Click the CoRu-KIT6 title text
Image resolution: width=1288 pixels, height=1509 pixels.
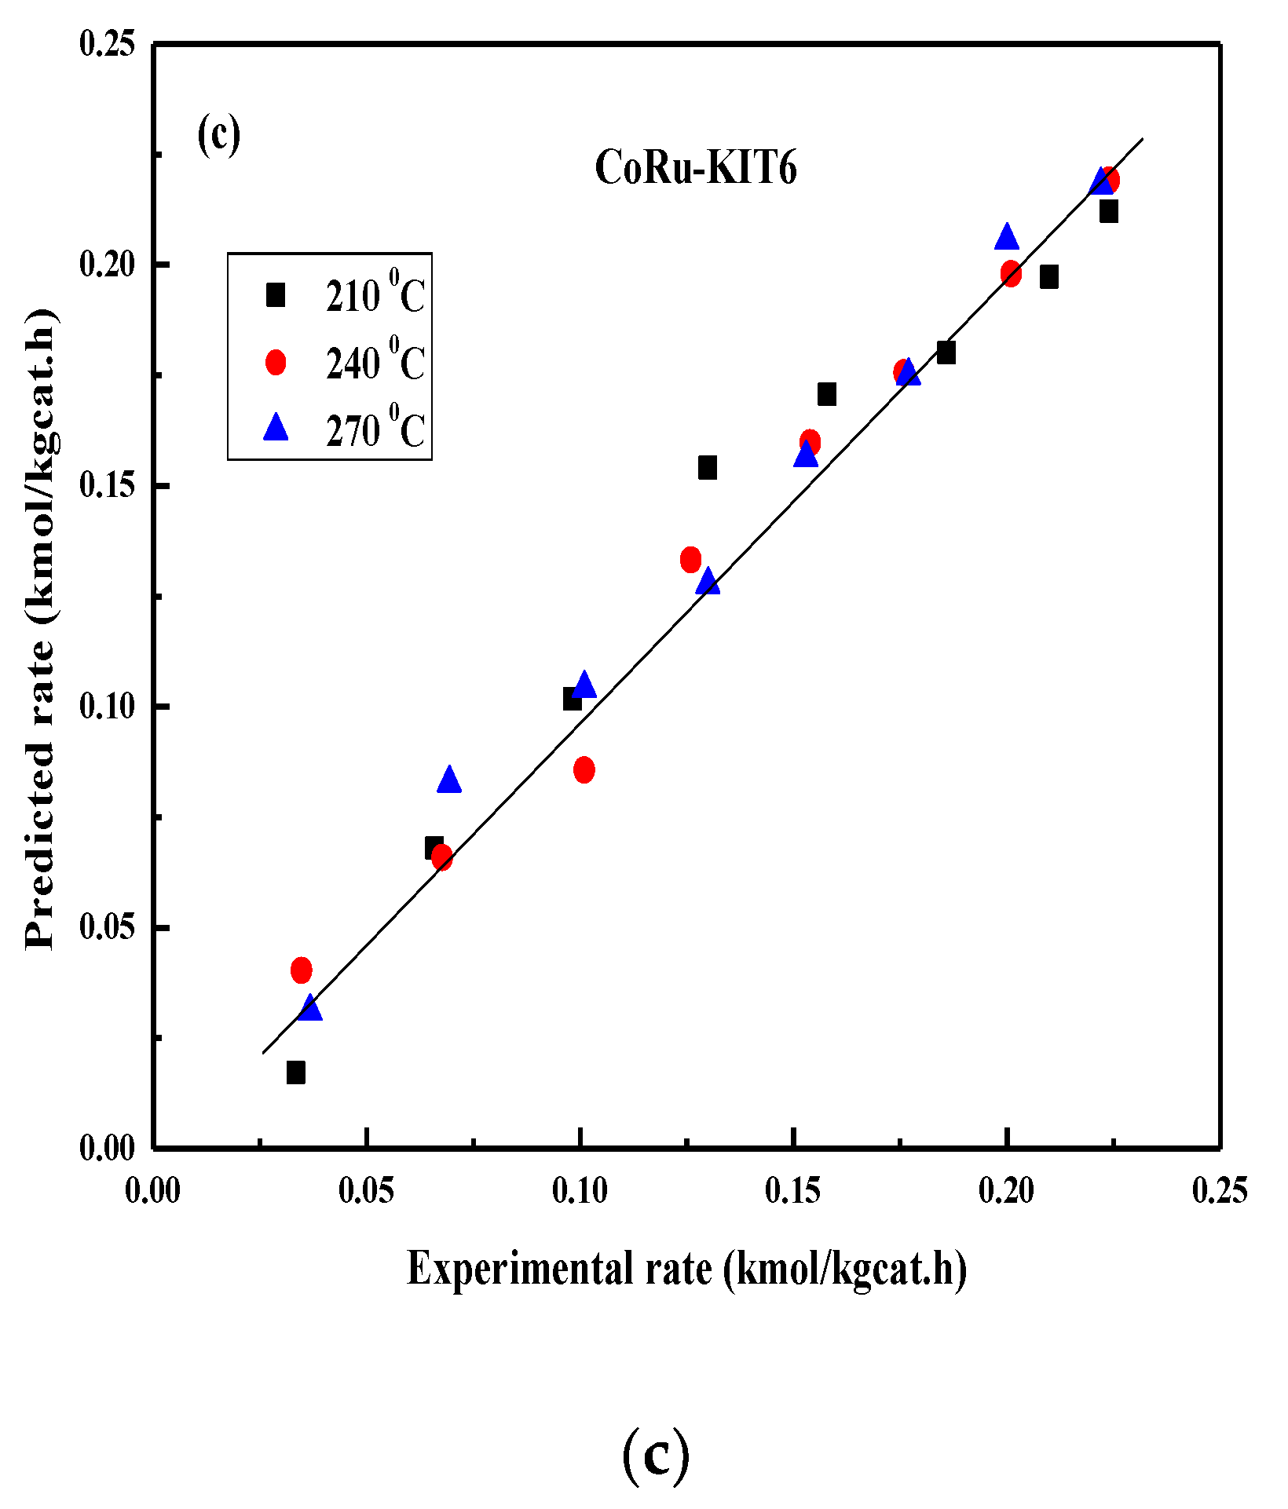tap(696, 168)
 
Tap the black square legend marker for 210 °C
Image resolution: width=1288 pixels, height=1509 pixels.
tap(276, 295)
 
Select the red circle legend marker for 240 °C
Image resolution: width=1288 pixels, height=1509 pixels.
tap(276, 362)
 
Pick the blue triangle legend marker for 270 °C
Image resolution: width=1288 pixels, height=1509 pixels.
tap(276, 429)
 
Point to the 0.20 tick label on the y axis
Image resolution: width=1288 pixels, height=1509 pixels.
tap(108, 265)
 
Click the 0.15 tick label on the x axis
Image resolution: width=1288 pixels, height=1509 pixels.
tap(793, 1190)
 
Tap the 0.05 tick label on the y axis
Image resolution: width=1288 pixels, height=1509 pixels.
tap(108, 927)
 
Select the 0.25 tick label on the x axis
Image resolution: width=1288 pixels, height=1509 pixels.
tap(1220, 1190)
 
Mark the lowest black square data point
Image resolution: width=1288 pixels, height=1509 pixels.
tap(296, 1072)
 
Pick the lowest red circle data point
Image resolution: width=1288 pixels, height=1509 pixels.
tap(301, 970)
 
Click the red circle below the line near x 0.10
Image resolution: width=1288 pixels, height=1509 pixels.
tap(584, 769)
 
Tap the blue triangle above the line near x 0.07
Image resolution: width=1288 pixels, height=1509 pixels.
tap(448, 780)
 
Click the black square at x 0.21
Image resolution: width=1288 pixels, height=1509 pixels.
tap(1049, 276)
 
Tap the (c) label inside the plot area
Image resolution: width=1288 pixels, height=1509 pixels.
tap(218, 134)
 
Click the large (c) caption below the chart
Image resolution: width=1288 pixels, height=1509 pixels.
tap(656, 1455)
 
